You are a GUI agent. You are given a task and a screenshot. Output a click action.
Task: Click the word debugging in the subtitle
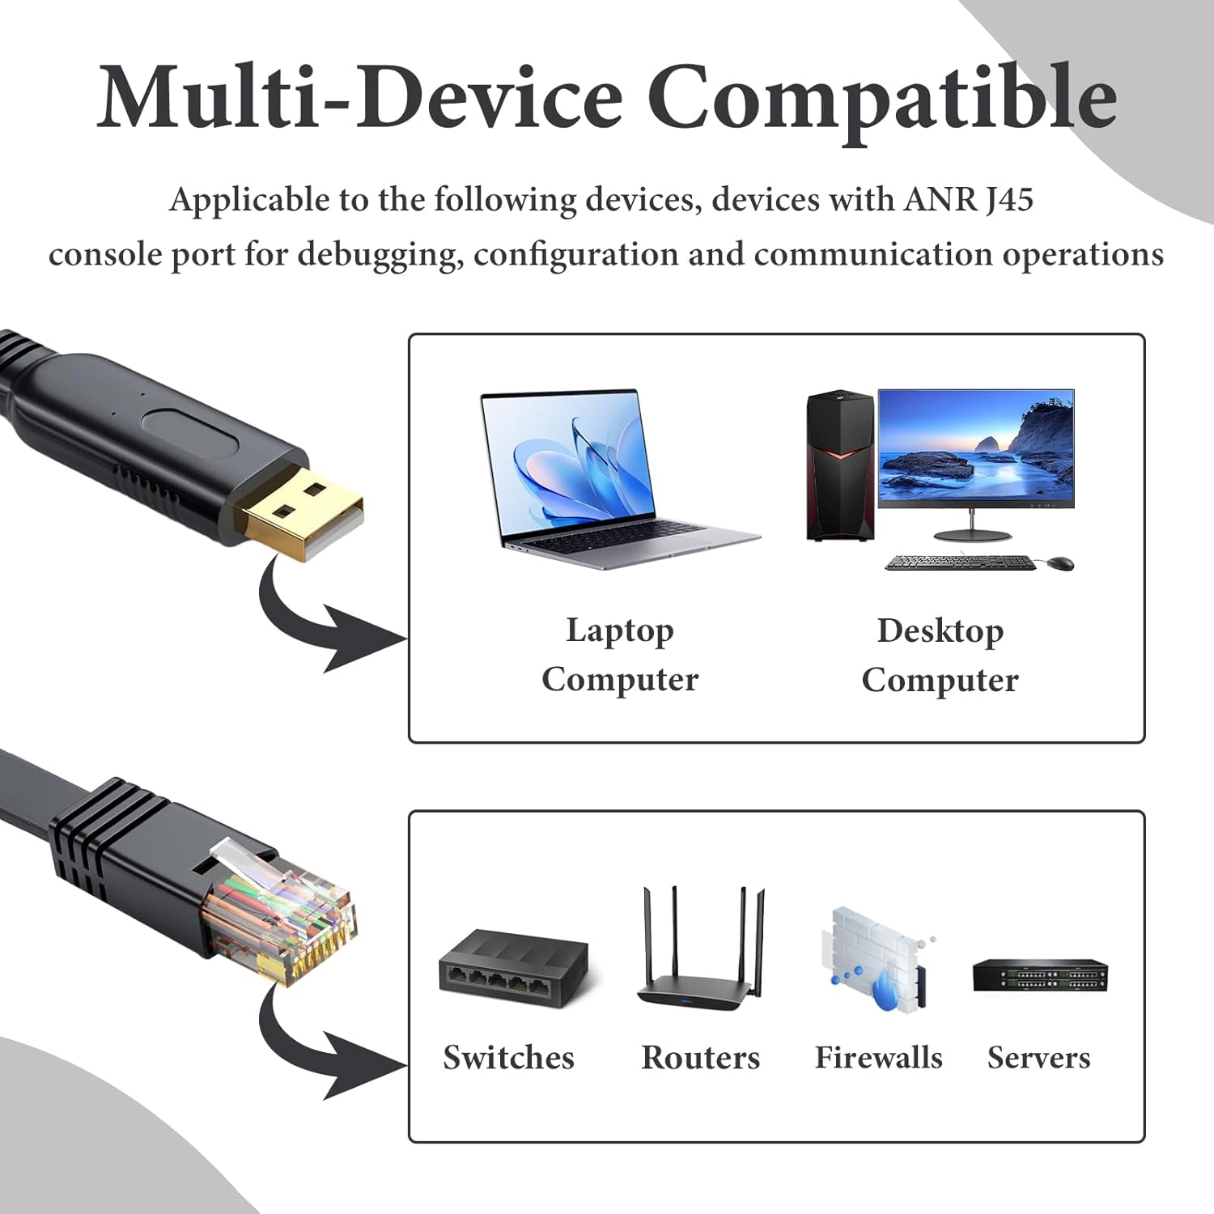click(x=380, y=254)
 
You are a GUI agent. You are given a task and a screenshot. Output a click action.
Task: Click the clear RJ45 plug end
click(x=283, y=915)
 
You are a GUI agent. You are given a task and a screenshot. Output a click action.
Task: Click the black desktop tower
click(x=840, y=465)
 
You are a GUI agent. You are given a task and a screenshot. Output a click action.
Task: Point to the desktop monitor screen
click(x=976, y=448)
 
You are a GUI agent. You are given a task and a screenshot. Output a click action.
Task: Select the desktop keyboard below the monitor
click(x=960, y=562)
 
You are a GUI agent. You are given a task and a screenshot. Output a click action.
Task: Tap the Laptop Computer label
click(x=620, y=655)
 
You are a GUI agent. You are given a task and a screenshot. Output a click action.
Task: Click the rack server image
click(x=1039, y=976)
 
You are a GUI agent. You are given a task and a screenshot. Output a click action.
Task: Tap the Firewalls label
click(x=879, y=1058)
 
